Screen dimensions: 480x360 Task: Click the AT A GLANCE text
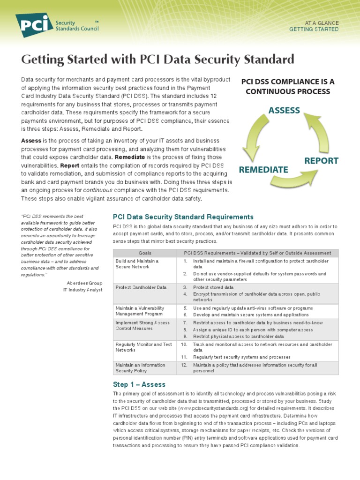322,22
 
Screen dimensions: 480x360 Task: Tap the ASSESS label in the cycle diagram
284,110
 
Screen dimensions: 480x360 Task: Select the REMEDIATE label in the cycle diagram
263,169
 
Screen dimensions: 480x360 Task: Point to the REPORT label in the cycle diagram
321,160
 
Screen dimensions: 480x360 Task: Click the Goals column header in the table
145,253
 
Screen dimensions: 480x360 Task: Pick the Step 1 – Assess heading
139,384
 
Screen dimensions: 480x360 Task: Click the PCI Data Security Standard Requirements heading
183,217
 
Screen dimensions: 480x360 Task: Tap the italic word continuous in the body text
97,190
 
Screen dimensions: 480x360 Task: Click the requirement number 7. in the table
185,322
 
